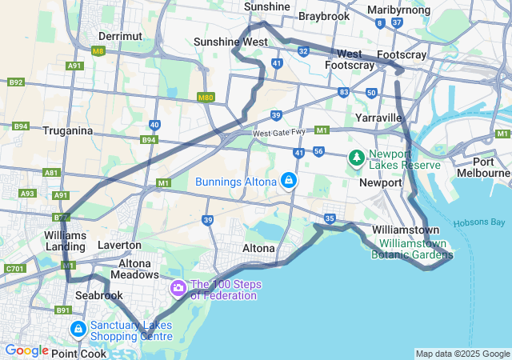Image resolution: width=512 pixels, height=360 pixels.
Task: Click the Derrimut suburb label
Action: click(x=120, y=36)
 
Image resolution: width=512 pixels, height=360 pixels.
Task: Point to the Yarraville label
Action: click(x=378, y=118)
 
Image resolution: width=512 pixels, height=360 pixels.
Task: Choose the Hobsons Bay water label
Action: click(x=480, y=222)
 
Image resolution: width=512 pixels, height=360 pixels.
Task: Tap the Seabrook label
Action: click(x=99, y=295)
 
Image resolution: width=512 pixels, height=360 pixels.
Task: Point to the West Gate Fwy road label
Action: click(x=279, y=133)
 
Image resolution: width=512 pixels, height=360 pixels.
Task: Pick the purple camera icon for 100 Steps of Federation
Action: click(x=177, y=286)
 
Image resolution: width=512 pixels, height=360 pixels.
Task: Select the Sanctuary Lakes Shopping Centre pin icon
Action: click(x=78, y=329)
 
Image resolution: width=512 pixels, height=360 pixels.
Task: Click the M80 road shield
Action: click(x=206, y=97)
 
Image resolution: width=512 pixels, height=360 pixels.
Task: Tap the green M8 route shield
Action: click(x=98, y=51)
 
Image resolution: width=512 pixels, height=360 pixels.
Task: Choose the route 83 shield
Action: click(x=343, y=92)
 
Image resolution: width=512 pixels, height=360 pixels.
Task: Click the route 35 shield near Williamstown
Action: click(x=330, y=218)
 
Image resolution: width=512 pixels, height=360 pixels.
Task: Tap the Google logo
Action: click(x=26, y=350)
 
